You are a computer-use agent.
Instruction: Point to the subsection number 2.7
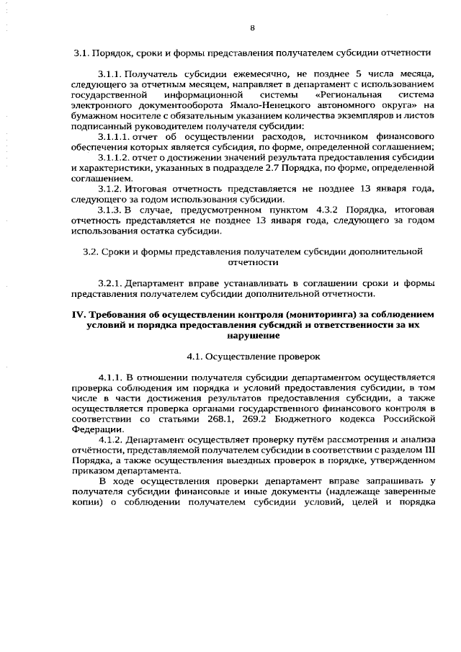click(x=269, y=166)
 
